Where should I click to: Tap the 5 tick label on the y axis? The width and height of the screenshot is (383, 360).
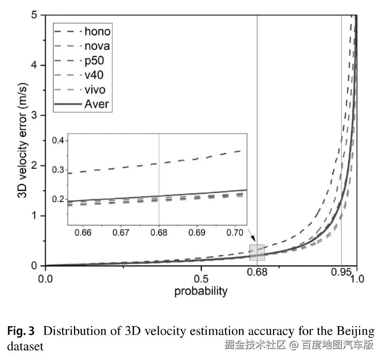point(35,16)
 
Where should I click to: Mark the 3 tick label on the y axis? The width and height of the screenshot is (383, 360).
point(35,116)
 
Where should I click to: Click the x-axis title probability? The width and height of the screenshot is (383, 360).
point(201,291)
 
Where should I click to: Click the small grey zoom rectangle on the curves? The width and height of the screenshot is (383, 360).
point(257,252)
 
